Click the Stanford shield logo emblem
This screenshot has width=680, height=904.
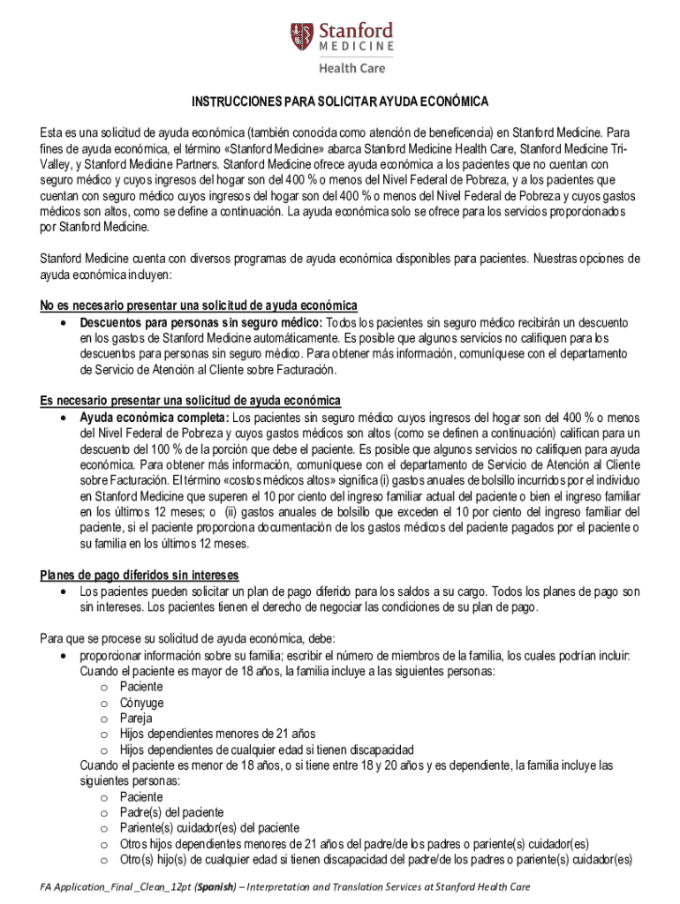click(x=302, y=36)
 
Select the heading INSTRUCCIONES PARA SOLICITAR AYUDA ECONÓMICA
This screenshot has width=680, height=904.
click(x=340, y=102)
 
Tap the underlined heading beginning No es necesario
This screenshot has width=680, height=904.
click(x=199, y=305)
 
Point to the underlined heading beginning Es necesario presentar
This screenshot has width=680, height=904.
click(x=191, y=400)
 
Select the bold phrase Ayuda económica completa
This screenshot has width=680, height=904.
click(x=154, y=416)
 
